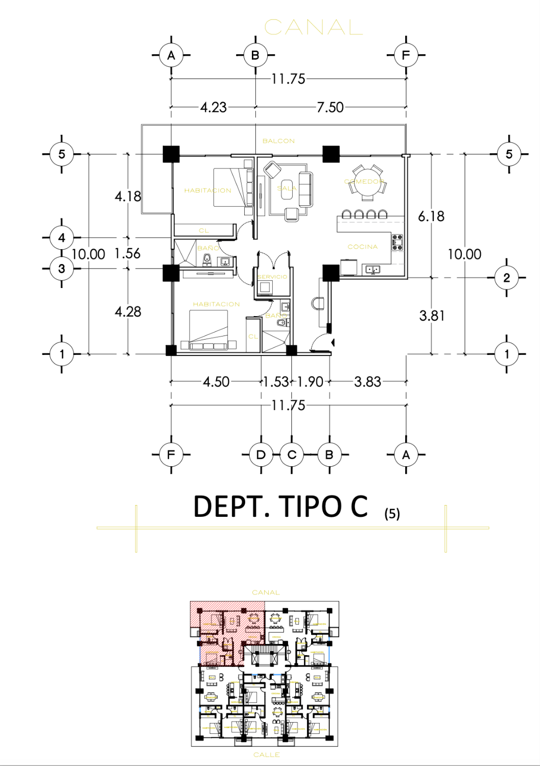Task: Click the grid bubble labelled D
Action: [261, 454]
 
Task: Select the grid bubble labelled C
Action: [292, 454]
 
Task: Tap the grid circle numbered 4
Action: [62, 237]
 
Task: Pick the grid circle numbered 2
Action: [506, 278]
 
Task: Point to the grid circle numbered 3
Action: [62, 269]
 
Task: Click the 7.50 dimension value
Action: [330, 107]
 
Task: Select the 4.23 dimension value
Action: [213, 107]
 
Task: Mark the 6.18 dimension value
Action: [431, 217]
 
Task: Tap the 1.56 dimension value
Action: [127, 253]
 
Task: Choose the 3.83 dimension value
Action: [367, 381]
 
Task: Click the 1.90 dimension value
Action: [310, 381]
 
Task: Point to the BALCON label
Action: [278, 141]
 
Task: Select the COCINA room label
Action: [363, 247]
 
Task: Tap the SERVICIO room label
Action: [273, 276]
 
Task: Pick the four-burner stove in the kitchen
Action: [397, 242]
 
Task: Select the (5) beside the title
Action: [392, 513]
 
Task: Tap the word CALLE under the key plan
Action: [266, 754]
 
